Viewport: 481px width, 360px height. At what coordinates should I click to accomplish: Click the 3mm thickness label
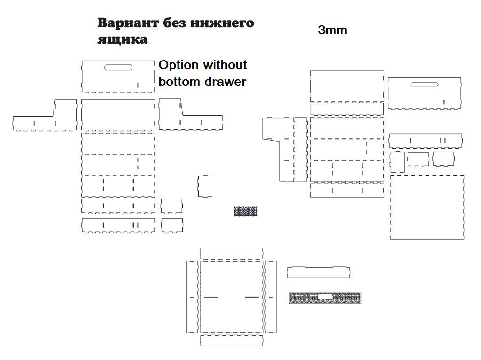(333, 30)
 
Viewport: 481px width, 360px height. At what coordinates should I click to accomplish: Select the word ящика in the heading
(123, 39)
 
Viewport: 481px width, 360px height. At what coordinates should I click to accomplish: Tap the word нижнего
(222, 23)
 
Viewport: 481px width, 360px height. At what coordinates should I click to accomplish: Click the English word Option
(178, 65)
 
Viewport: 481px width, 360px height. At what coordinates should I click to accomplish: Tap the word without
(225, 65)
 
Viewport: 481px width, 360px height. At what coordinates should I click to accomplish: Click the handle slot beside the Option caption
(118, 68)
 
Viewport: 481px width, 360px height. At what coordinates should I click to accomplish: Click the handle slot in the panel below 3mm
(425, 84)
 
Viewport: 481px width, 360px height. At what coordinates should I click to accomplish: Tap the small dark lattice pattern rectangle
(246, 211)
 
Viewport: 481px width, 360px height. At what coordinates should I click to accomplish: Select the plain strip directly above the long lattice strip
(319, 272)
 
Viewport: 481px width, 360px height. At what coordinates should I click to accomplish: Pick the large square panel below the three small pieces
(427, 207)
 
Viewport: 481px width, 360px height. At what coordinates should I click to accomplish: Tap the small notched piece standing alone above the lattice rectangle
(205, 186)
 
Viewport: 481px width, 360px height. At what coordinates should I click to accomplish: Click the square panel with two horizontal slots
(232, 297)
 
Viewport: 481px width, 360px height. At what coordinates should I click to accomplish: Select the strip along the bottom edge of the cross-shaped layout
(232, 340)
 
